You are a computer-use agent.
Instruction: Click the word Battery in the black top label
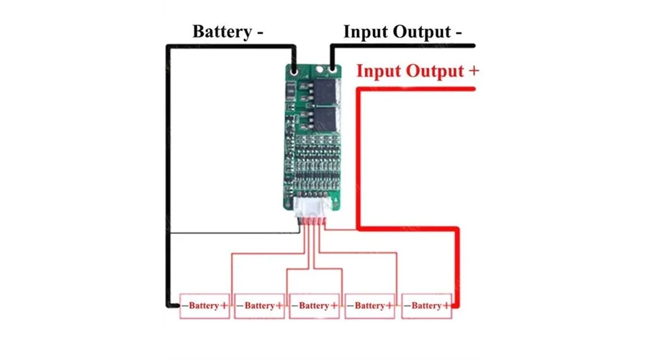click(221, 32)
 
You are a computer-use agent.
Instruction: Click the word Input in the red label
click(382, 71)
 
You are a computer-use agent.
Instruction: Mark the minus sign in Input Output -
click(458, 32)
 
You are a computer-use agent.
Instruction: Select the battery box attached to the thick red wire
click(427, 306)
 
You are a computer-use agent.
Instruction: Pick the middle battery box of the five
click(314, 306)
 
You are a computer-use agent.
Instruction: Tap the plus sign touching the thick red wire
click(449, 306)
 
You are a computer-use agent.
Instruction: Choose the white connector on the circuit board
click(311, 207)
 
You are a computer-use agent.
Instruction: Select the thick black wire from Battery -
click(168, 180)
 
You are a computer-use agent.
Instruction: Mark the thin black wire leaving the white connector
click(230, 233)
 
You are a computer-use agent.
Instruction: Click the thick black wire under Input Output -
click(403, 46)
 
